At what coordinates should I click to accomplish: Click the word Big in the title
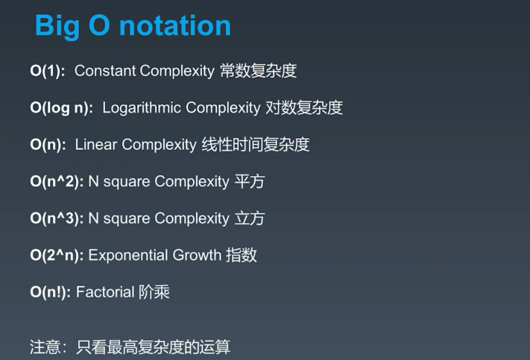(x=57, y=26)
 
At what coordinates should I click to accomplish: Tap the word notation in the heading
(x=175, y=25)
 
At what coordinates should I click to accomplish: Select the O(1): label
(x=47, y=71)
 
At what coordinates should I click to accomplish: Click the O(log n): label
(x=62, y=108)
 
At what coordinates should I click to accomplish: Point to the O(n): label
(x=48, y=145)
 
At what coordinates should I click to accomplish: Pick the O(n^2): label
(x=57, y=182)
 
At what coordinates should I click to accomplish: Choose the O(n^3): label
(x=57, y=218)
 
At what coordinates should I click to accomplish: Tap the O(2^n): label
(x=57, y=255)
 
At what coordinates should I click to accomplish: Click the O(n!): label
(x=51, y=292)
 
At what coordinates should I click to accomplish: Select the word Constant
(x=105, y=71)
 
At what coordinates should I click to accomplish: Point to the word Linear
(x=96, y=145)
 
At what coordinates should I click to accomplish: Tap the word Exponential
(x=128, y=256)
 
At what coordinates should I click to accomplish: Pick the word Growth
(x=197, y=255)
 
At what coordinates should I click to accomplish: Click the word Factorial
(x=105, y=292)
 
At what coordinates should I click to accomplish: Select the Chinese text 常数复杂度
(x=258, y=71)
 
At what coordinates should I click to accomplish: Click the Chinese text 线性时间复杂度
(x=256, y=145)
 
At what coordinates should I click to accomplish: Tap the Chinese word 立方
(x=250, y=218)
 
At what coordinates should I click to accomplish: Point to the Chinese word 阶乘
(x=154, y=292)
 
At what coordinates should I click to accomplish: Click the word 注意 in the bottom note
(x=45, y=347)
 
